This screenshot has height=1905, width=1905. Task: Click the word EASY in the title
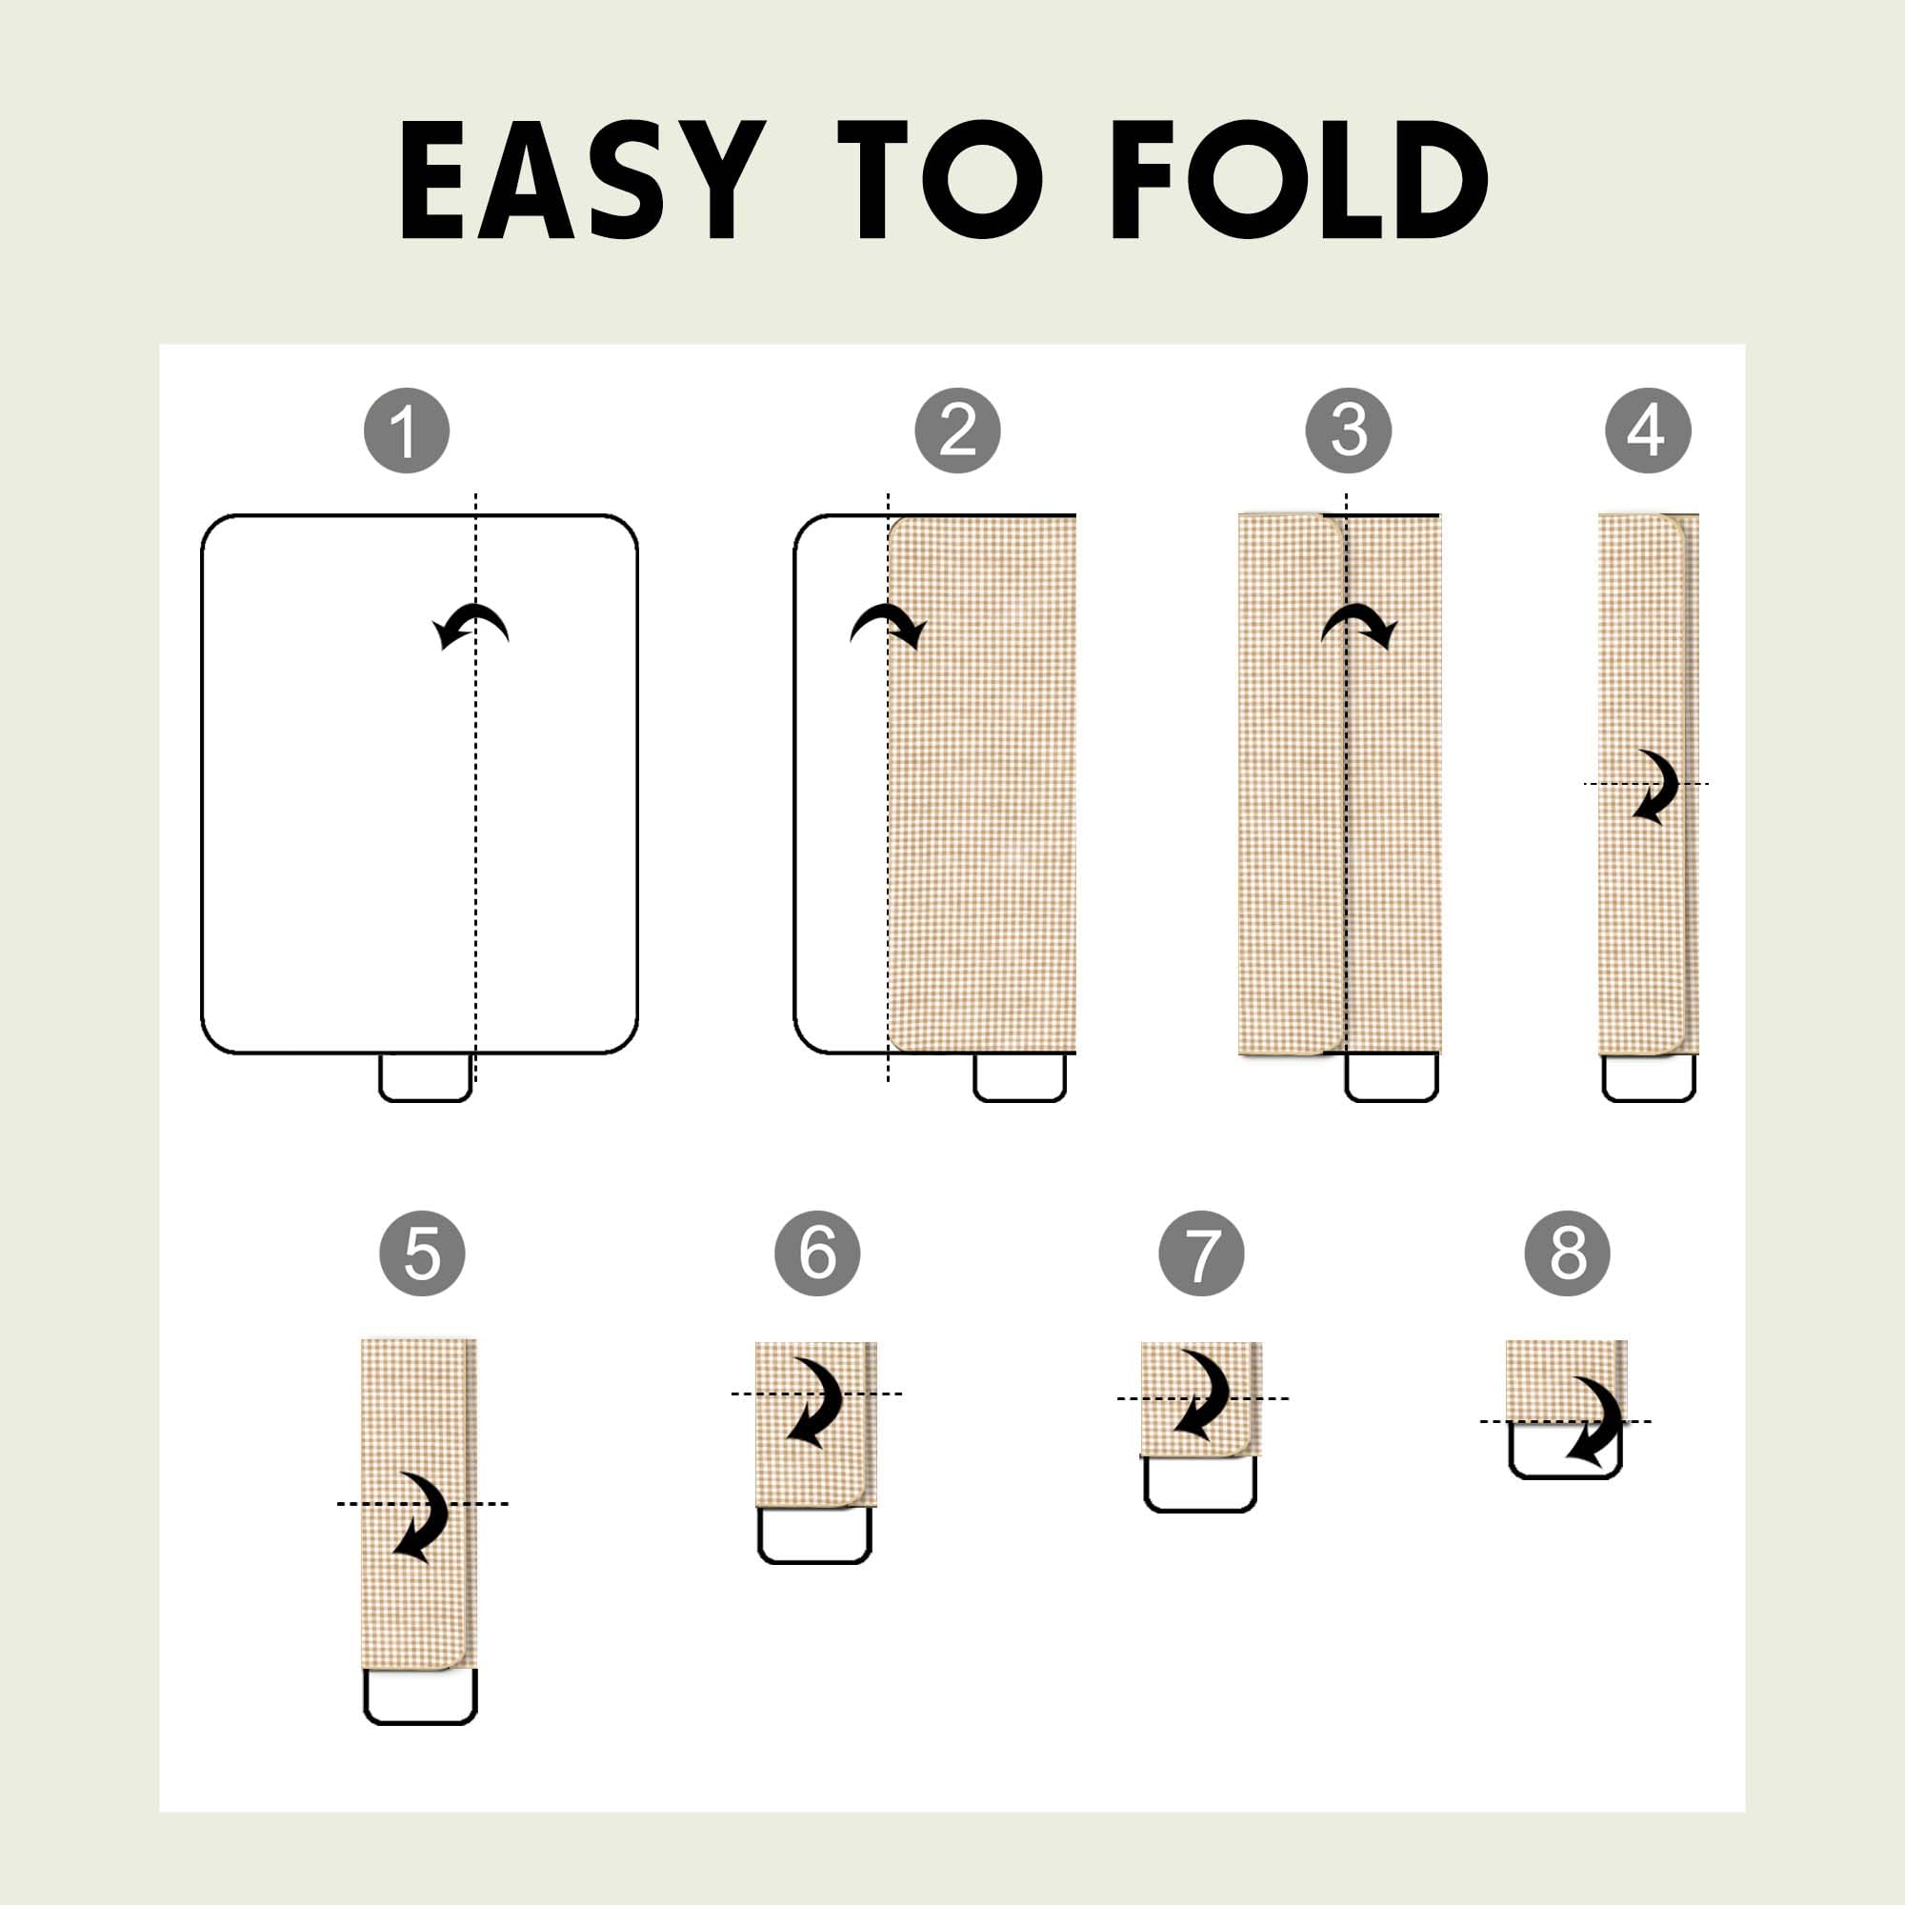582,179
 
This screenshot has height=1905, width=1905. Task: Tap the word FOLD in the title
1299,179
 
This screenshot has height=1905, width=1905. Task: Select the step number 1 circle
407,431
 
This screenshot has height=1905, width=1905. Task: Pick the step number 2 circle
957,431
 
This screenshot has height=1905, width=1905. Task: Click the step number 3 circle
1349,431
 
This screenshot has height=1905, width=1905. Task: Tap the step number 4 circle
1648,431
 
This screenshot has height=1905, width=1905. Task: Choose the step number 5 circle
422,1253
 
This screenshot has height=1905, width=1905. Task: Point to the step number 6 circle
817,1253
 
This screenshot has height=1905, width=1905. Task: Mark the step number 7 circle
1201,1253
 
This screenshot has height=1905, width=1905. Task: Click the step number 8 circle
1568,1253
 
